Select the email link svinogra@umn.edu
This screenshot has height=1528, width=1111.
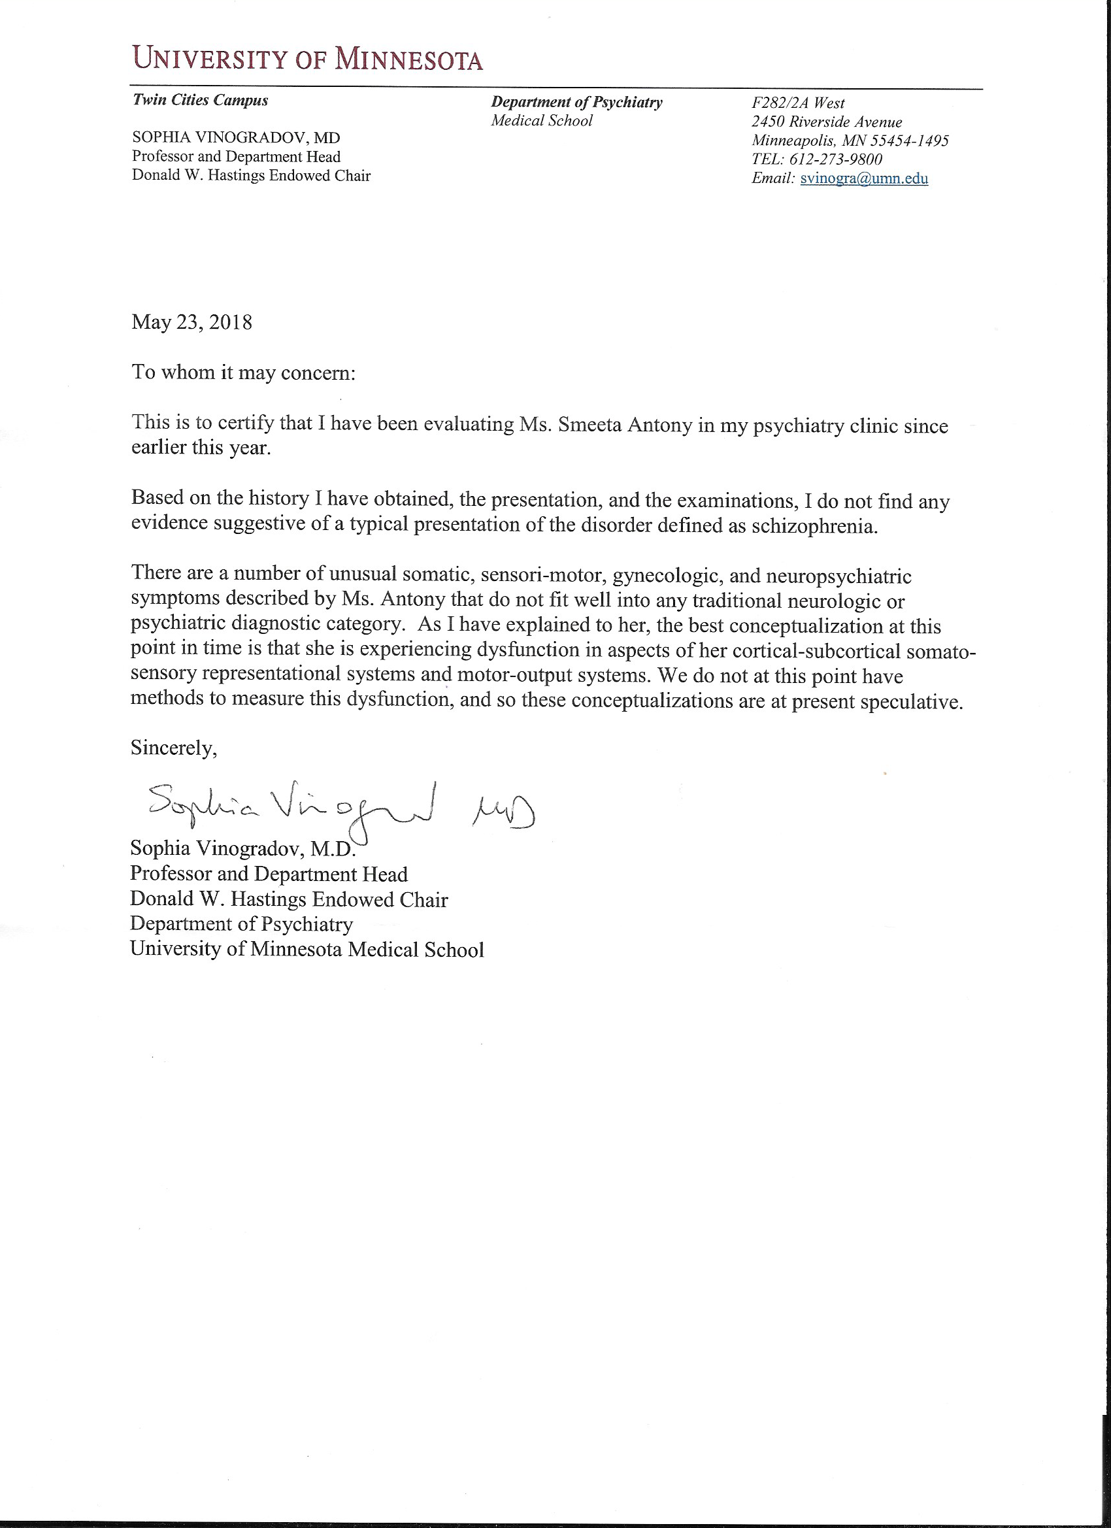click(x=864, y=178)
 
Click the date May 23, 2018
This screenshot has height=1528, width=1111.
click(x=192, y=322)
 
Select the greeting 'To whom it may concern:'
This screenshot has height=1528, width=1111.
click(x=243, y=372)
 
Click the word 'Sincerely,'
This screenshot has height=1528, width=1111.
click(x=174, y=748)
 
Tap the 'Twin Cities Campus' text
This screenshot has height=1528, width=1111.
click(x=201, y=101)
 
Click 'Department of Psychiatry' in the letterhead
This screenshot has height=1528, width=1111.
click(x=576, y=103)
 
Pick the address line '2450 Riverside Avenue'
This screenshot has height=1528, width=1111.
click(x=827, y=122)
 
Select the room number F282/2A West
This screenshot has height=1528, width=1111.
click(x=799, y=103)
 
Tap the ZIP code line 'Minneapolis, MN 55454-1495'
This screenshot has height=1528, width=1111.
click(x=850, y=141)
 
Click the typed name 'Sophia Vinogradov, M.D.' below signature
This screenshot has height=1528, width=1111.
click(x=242, y=849)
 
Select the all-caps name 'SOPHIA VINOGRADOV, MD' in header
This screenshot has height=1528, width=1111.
click(x=236, y=137)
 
